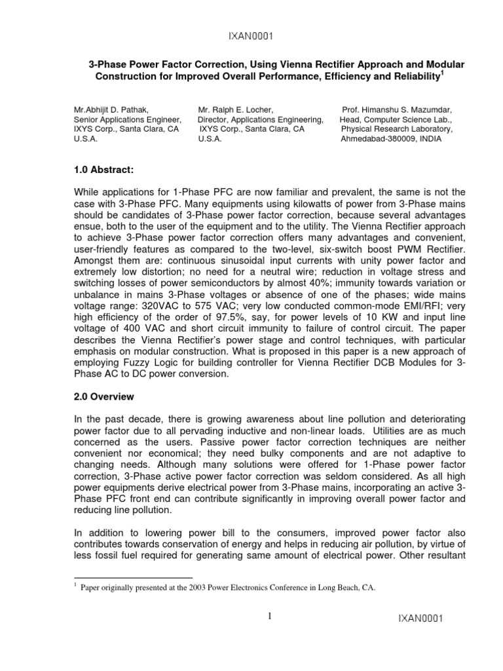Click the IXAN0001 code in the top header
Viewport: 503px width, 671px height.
tap(251, 37)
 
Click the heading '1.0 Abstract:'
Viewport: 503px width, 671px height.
tap(103, 170)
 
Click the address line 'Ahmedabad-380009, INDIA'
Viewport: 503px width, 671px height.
tap(390, 138)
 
